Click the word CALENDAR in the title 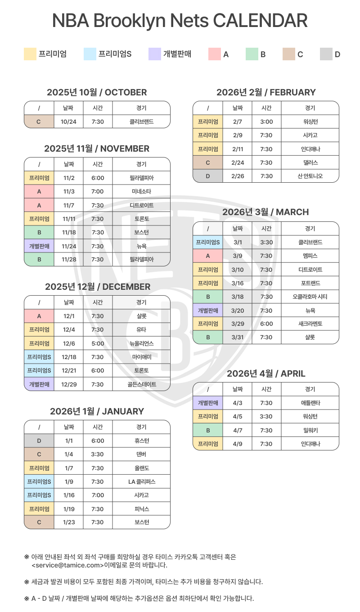point(260,21)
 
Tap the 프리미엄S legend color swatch point(90,54)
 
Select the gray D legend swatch point(326,54)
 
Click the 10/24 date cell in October point(68,121)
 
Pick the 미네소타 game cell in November point(141,192)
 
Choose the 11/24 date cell point(68,246)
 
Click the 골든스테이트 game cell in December point(141,384)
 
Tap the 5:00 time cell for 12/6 point(98,343)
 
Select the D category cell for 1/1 point(39,441)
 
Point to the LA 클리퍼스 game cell point(141,481)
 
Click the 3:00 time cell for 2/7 point(266,121)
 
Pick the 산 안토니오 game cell point(310,176)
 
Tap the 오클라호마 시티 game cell point(310,297)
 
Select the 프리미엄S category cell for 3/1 point(208,242)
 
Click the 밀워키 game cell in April point(310,430)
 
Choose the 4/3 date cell point(238,403)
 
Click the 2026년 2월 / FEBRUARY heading point(266,92)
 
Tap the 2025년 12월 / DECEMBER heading point(97,287)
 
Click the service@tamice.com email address point(67,565)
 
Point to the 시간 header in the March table point(266,229)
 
